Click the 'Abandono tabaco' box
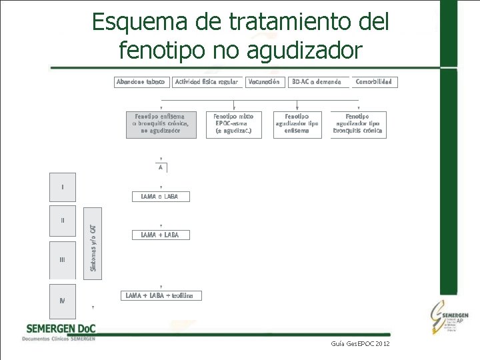[141, 82]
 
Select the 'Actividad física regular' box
[206, 82]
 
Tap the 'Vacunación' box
[263, 82]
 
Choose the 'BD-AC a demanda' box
[317, 82]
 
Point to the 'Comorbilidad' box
[373, 82]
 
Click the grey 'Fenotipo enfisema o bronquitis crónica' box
[161, 124]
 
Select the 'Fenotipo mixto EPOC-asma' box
[233, 124]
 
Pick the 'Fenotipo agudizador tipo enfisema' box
[297, 124]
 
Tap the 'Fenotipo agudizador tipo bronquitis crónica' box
[358, 124]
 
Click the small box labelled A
[161, 167]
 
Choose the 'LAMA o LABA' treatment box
[161, 197]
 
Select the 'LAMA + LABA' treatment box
[161, 235]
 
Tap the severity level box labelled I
[63, 187]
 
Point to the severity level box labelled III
[63, 259]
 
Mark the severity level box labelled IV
[63, 301]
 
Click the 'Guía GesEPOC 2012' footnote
[360, 343]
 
